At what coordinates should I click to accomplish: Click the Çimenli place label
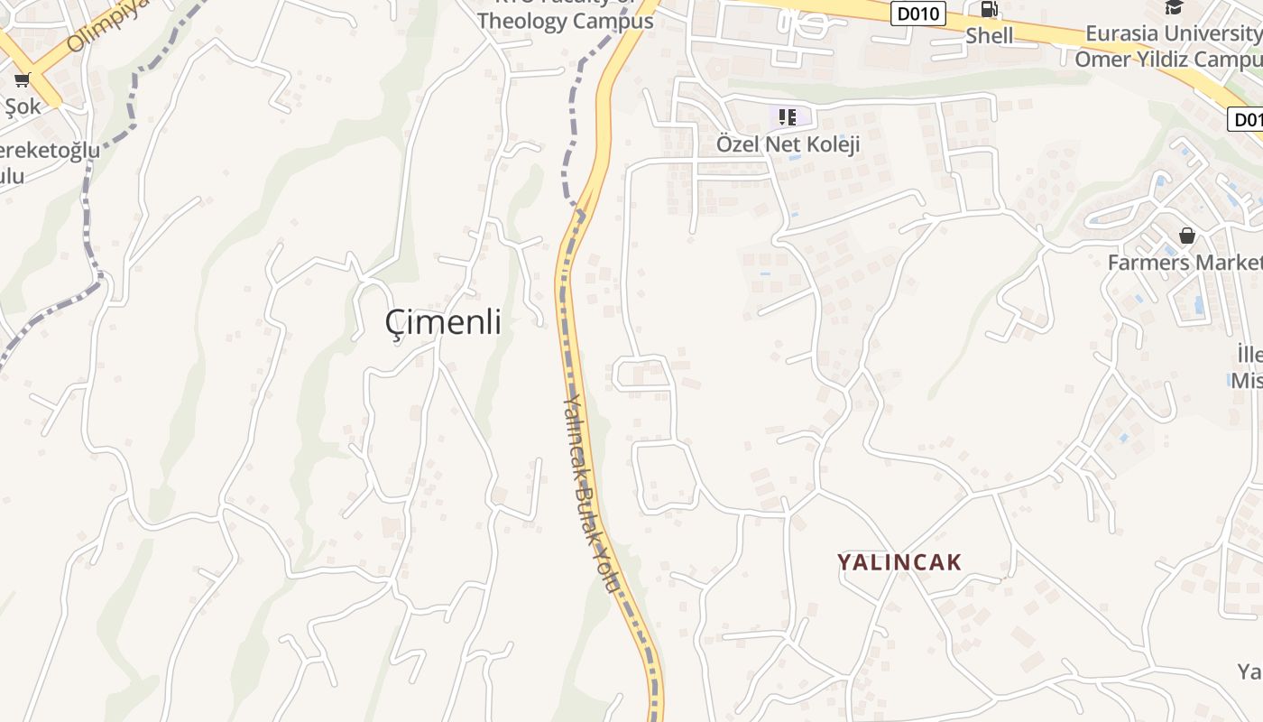443,321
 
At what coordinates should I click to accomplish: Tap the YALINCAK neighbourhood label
899,562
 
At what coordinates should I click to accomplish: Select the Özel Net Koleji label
788,144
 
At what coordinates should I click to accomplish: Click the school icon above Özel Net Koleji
788,116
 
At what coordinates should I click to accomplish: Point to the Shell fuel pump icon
990,10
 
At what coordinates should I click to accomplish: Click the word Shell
990,36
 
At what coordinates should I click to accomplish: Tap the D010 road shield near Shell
917,14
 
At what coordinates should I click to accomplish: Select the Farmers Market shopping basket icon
1187,236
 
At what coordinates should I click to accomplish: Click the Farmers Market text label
1185,263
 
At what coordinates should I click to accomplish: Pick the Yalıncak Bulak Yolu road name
592,492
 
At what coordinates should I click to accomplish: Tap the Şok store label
23,106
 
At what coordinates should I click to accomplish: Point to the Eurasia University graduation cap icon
1174,7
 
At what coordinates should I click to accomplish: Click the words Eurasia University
1173,34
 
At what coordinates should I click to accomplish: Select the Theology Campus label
566,22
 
